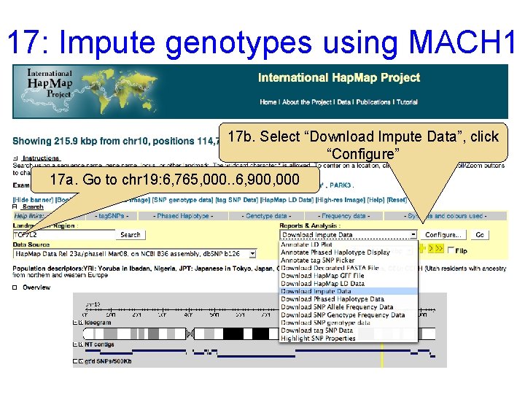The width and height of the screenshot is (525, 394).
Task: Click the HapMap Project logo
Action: point(50,84)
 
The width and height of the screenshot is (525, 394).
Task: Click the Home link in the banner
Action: point(268,102)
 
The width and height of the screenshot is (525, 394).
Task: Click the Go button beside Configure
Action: point(479,235)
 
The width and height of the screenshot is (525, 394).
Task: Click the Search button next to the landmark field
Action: point(131,235)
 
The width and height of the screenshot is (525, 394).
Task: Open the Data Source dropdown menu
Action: point(252,254)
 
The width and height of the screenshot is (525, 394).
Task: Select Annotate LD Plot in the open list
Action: point(306,244)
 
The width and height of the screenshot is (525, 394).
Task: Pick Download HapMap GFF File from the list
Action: point(322,276)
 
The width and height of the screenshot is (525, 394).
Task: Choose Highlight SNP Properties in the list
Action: point(318,338)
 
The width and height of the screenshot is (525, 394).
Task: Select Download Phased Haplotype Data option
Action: point(332,299)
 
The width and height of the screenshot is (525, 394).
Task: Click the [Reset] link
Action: point(397,200)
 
